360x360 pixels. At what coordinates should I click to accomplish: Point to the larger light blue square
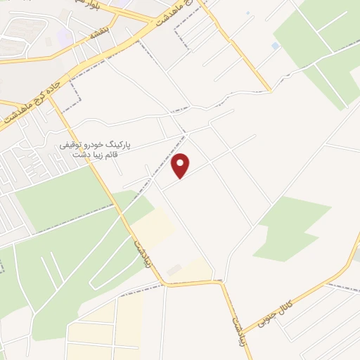point(275,46)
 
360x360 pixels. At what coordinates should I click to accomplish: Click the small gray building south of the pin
point(173,270)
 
